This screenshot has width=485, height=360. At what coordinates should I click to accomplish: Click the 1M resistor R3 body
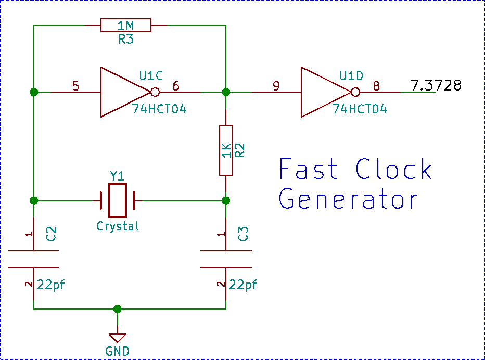tap(126, 25)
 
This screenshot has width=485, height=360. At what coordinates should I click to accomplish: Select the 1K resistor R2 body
tap(226, 150)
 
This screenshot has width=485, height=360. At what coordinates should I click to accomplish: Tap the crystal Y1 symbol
tap(117, 200)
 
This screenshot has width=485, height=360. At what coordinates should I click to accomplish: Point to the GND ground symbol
tap(118, 337)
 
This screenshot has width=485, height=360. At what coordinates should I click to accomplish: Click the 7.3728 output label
tap(436, 85)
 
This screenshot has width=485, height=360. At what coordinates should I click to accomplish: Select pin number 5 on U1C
tap(76, 86)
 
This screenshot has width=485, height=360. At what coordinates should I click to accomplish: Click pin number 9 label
tap(276, 86)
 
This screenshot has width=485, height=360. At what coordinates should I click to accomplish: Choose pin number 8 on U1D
tap(376, 86)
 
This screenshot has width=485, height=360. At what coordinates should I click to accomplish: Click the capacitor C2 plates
tap(34, 260)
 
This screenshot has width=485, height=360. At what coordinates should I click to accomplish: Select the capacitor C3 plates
tap(226, 260)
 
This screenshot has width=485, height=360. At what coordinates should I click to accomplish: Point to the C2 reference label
tap(51, 234)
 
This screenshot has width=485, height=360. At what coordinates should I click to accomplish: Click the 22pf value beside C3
tap(243, 285)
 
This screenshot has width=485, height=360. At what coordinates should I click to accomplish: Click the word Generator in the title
tap(349, 199)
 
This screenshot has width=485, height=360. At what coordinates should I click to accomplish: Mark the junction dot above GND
tap(118, 309)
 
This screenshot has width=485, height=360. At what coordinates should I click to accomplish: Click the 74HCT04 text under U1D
tap(360, 109)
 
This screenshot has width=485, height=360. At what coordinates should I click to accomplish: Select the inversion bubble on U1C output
tap(155, 93)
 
